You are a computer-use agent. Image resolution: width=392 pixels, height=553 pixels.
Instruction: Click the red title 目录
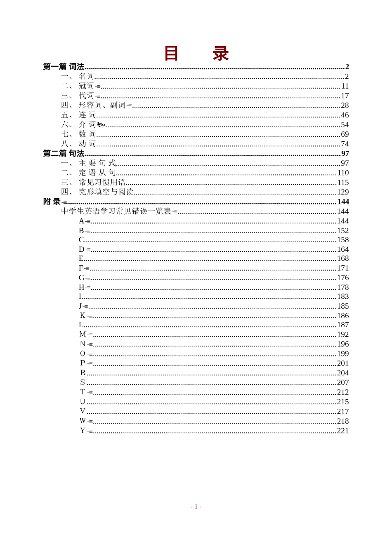pyautogui.click(x=196, y=54)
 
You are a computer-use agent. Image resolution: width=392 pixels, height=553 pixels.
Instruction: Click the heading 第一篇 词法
pyautogui.click(x=64, y=67)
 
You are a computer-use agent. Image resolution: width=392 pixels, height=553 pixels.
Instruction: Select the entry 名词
pyautogui.click(x=86, y=76)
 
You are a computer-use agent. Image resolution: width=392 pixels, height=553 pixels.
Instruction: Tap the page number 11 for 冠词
pyautogui.click(x=345, y=86)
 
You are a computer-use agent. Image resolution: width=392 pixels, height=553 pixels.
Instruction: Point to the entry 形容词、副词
pyautogui.click(x=102, y=105)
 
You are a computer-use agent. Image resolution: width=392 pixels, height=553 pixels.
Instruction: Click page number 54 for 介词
pyautogui.click(x=345, y=125)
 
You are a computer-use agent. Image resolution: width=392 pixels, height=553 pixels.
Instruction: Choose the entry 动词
pyautogui.click(x=87, y=144)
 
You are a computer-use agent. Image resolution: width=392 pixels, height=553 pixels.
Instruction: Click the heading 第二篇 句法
pyautogui.click(x=64, y=154)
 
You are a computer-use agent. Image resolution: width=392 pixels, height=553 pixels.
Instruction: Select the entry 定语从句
pyautogui.click(x=97, y=173)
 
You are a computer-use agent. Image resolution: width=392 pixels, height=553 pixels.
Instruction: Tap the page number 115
pyautogui.click(x=343, y=183)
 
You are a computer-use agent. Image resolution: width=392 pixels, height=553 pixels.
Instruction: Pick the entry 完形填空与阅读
pyautogui.click(x=106, y=192)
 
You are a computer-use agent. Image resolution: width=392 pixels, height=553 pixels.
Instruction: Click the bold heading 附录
pyautogui.click(x=52, y=202)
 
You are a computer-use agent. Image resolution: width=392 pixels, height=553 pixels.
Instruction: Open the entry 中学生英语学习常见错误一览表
pyautogui.click(x=116, y=211)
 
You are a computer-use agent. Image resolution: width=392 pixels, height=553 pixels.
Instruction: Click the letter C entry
pyautogui.click(x=81, y=240)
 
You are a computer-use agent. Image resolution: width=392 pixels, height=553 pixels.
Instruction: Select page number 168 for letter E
pyautogui.click(x=343, y=259)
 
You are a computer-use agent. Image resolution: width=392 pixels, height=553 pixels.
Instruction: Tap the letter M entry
pyautogui.click(x=83, y=335)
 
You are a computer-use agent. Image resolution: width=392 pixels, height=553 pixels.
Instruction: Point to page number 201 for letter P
pyautogui.click(x=343, y=363)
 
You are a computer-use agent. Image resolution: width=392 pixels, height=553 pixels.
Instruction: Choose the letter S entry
pyautogui.click(x=83, y=382)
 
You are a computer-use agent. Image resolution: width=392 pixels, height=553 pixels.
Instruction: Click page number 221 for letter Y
pyautogui.click(x=343, y=431)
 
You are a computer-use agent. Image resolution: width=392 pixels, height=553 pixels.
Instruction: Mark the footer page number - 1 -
pyautogui.click(x=196, y=507)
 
